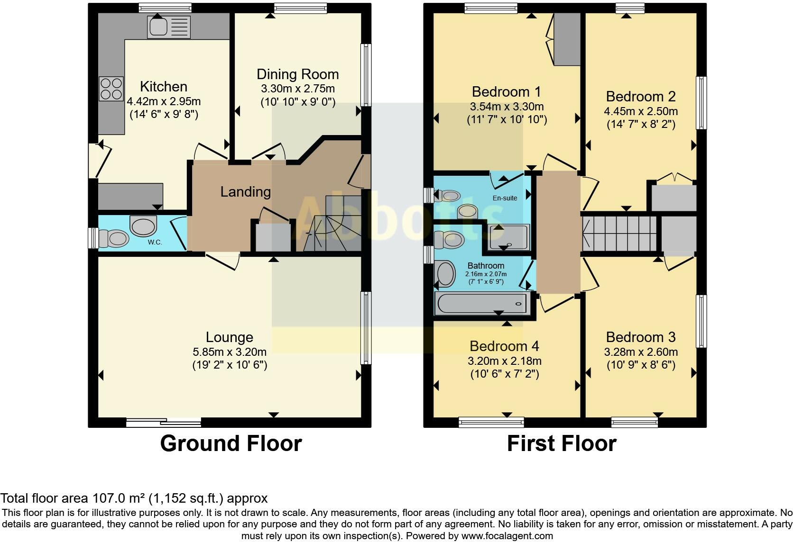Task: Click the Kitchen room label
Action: pyautogui.click(x=164, y=87)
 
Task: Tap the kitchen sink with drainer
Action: pyautogui.click(x=169, y=27)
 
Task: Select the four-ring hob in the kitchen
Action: pyautogui.click(x=111, y=89)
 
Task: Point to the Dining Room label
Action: pyautogui.click(x=298, y=74)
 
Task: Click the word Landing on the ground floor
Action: pyautogui.click(x=245, y=192)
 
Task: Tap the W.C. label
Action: pyautogui.click(x=155, y=242)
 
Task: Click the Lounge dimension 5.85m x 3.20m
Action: pyautogui.click(x=230, y=352)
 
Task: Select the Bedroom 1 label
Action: pyautogui.click(x=506, y=92)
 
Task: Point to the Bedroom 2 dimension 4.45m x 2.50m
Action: pyautogui.click(x=641, y=111)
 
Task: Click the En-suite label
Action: pyautogui.click(x=505, y=198)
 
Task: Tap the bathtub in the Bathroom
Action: pyautogui.click(x=482, y=303)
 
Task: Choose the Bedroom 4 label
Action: pyautogui.click(x=504, y=346)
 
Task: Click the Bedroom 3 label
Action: pyautogui.click(x=641, y=337)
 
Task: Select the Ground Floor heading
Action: pyautogui.click(x=231, y=443)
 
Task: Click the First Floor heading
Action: pyautogui.click(x=562, y=443)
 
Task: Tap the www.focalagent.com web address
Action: pyautogui.click(x=507, y=536)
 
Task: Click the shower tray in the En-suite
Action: pyautogui.click(x=509, y=237)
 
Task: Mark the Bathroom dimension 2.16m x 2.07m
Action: pyautogui.click(x=486, y=274)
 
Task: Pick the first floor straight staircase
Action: pyautogui.click(x=619, y=234)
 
